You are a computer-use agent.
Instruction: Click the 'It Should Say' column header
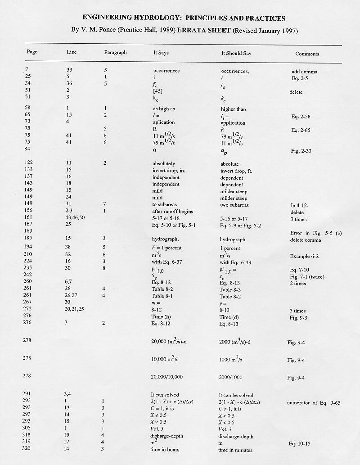point(236,53)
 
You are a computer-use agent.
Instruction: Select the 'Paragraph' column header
point(115,52)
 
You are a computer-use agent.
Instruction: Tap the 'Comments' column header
point(307,54)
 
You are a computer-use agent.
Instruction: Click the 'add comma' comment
point(305,72)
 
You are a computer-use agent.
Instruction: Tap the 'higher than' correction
point(234,109)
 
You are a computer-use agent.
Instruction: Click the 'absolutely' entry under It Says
point(164,164)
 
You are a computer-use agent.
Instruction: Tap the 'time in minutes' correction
point(235,450)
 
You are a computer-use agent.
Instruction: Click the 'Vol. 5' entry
point(160,429)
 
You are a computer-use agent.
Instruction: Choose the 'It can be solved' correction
point(236,396)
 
